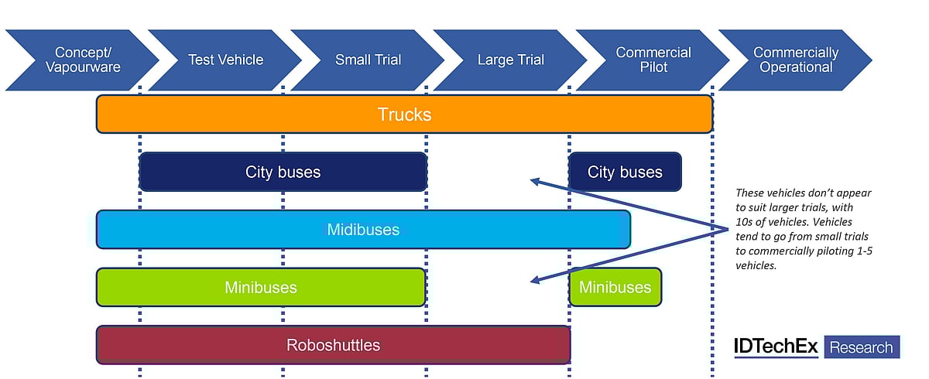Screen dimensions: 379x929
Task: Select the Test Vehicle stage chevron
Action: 225,60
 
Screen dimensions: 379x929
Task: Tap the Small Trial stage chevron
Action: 368,60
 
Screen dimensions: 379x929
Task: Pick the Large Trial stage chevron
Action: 510,60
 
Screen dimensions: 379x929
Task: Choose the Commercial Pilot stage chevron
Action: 653,60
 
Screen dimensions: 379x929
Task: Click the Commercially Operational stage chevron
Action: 796,60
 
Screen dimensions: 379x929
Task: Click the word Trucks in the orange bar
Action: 404,114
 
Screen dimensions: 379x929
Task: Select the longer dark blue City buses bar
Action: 283,172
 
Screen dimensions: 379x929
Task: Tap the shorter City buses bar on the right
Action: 625,172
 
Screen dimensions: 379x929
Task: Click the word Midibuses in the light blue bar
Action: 363,230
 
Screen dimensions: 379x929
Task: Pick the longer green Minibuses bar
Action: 261,287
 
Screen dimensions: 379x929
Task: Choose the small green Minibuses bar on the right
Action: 615,287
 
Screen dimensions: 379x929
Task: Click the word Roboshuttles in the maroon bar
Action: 333,345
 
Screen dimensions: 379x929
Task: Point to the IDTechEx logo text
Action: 776,347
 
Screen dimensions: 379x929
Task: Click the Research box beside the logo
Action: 861,347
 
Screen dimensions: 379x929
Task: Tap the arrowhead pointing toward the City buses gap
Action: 534,182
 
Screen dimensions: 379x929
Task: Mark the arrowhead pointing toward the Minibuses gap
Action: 534,280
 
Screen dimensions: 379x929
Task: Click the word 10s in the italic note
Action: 744,222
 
